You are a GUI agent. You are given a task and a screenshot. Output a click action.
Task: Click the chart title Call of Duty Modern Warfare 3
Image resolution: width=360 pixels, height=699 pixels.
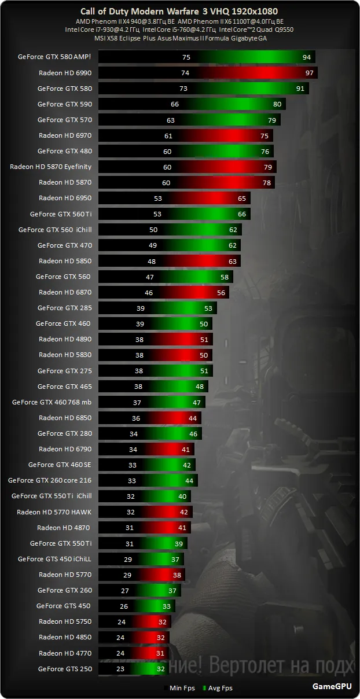180,12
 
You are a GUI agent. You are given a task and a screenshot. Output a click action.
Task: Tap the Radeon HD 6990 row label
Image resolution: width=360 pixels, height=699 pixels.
65,73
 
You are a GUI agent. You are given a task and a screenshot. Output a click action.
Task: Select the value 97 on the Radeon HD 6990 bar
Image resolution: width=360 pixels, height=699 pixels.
310,73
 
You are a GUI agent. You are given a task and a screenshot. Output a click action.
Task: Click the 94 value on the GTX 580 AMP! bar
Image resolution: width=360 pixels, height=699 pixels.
307,57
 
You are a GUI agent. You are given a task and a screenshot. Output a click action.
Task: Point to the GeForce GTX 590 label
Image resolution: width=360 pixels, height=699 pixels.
64,104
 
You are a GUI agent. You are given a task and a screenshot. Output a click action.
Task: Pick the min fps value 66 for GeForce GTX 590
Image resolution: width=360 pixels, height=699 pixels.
175,104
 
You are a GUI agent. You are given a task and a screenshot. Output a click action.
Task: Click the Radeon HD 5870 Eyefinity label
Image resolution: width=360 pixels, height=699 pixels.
51,167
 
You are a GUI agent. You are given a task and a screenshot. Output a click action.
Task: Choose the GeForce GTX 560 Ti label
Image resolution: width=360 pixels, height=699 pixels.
61,214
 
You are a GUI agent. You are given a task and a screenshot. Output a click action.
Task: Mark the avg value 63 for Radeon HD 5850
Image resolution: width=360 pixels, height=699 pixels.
233,261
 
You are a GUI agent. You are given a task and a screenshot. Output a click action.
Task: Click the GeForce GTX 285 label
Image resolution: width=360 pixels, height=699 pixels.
64,308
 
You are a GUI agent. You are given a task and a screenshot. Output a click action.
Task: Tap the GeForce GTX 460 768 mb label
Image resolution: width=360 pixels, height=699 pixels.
52,402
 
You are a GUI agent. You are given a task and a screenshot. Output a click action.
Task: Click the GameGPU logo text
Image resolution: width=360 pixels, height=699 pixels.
332,687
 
